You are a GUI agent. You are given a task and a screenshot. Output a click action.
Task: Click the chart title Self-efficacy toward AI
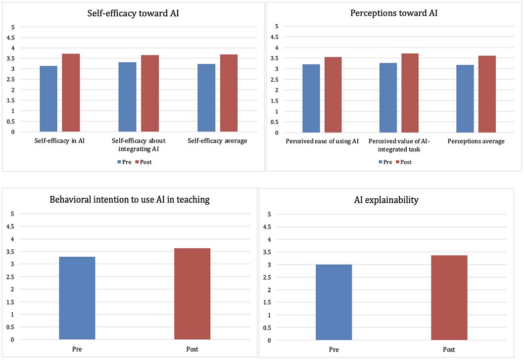click(133, 13)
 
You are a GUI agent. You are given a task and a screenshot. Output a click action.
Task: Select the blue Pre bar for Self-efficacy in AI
click(48, 99)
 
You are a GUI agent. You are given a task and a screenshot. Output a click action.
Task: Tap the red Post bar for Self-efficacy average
click(229, 93)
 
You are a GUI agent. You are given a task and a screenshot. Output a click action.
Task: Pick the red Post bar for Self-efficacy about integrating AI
click(150, 93)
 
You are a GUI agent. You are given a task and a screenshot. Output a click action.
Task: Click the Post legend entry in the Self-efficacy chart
click(143, 162)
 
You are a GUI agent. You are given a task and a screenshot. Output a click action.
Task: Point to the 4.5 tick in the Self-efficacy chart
click(11, 38)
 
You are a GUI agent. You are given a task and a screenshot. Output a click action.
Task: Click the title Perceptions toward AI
click(394, 13)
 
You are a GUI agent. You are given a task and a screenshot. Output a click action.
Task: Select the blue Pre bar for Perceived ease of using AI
click(311, 98)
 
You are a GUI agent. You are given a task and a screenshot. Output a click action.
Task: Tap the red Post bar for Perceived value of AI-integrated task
click(410, 93)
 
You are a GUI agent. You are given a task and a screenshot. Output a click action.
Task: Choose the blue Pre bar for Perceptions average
click(465, 99)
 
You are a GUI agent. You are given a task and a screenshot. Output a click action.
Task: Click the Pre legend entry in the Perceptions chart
click(385, 162)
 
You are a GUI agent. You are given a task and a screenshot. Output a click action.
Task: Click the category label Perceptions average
click(476, 141)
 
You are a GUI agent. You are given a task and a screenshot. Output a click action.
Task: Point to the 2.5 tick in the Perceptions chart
click(274, 80)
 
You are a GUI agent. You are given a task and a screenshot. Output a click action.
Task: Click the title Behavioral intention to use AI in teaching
click(130, 200)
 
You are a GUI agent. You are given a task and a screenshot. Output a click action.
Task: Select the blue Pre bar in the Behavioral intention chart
click(77, 298)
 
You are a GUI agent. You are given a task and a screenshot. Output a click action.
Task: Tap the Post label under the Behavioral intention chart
click(192, 349)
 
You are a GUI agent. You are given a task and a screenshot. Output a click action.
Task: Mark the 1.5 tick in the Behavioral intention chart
click(10, 302)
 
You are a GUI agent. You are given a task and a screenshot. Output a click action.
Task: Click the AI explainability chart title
click(386, 200)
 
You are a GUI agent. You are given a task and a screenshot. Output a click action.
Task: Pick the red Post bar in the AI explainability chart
click(449, 298)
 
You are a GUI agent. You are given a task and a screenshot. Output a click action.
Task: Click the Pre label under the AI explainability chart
click(334, 349)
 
